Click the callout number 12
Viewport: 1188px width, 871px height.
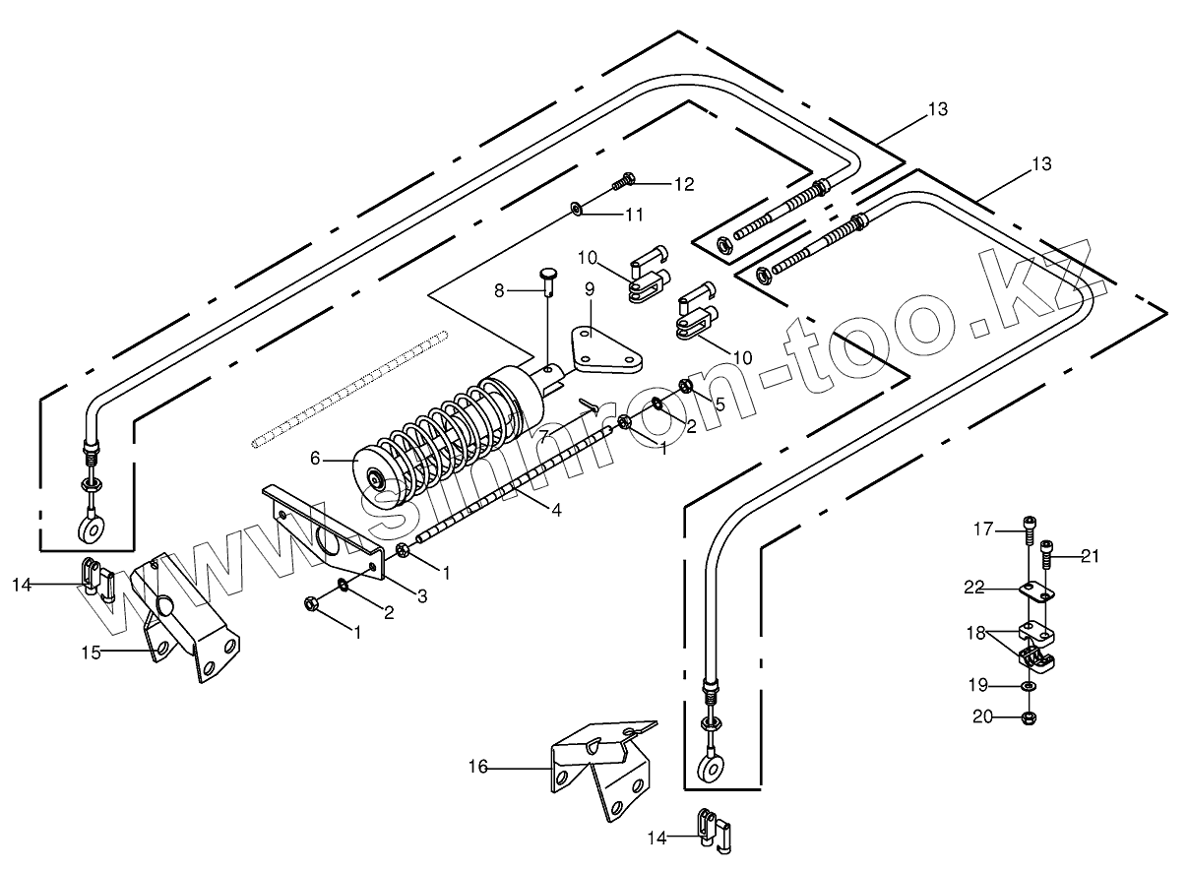pyautogui.click(x=684, y=184)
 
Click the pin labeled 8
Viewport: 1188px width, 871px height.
pyautogui.click(x=548, y=280)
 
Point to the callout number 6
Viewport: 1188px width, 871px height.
pyautogui.click(x=316, y=458)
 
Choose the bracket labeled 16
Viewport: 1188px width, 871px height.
pyautogui.click(x=600, y=768)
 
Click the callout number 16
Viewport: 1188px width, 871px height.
pyautogui.click(x=479, y=766)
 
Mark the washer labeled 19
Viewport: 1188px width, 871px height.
pyautogui.click(x=1028, y=686)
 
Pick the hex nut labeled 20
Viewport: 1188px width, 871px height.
pyautogui.click(x=1028, y=717)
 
